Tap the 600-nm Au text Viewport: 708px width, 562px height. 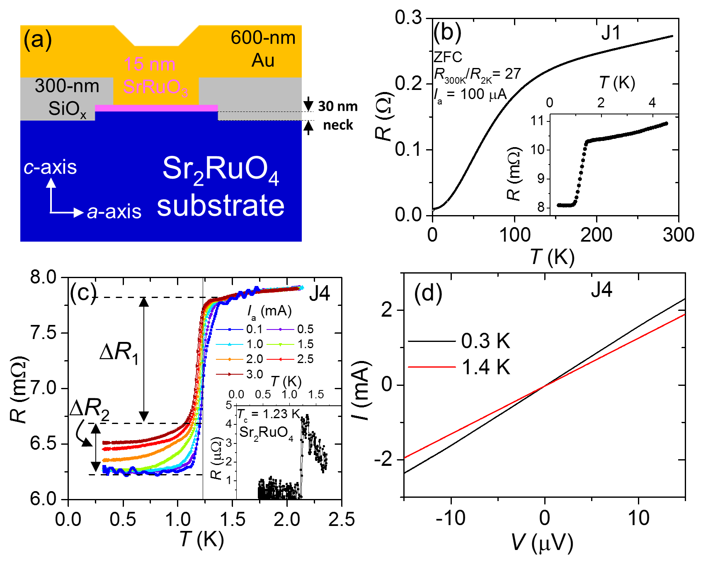pyautogui.click(x=263, y=49)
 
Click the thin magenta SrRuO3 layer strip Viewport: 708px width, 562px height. pyautogui.click(x=157, y=108)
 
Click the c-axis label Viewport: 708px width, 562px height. pyautogui.click(x=50, y=167)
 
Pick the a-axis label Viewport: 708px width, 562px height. pyautogui.click(x=114, y=212)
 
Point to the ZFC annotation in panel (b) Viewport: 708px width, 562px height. pyautogui.click(x=448, y=57)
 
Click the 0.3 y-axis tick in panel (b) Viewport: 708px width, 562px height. pyautogui.click(x=408, y=18)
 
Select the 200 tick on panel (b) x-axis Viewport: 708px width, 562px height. pyautogui.click(x=596, y=235)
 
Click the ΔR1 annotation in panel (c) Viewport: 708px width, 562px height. pyautogui.click(x=119, y=353)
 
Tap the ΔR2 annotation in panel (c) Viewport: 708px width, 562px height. pyautogui.click(x=90, y=409)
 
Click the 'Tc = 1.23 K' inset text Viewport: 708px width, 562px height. pyautogui.click(x=268, y=414)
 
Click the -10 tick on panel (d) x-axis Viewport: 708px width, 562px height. pyautogui.click(x=451, y=518)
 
